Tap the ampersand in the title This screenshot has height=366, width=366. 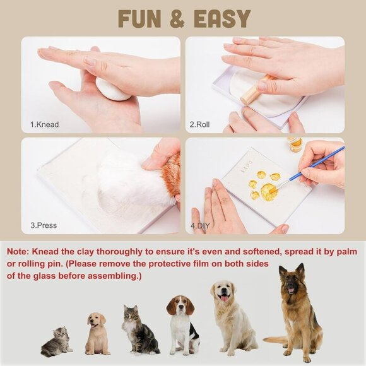pos(179,19)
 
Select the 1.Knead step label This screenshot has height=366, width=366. pos(44,125)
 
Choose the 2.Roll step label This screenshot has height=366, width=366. pos(200,125)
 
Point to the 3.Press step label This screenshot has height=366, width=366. pos(45,225)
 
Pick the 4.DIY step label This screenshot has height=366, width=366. pos(200,225)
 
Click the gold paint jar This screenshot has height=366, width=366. pos(295,145)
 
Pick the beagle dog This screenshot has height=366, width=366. pos(182,324)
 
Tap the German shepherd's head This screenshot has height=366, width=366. pos(291,278)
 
